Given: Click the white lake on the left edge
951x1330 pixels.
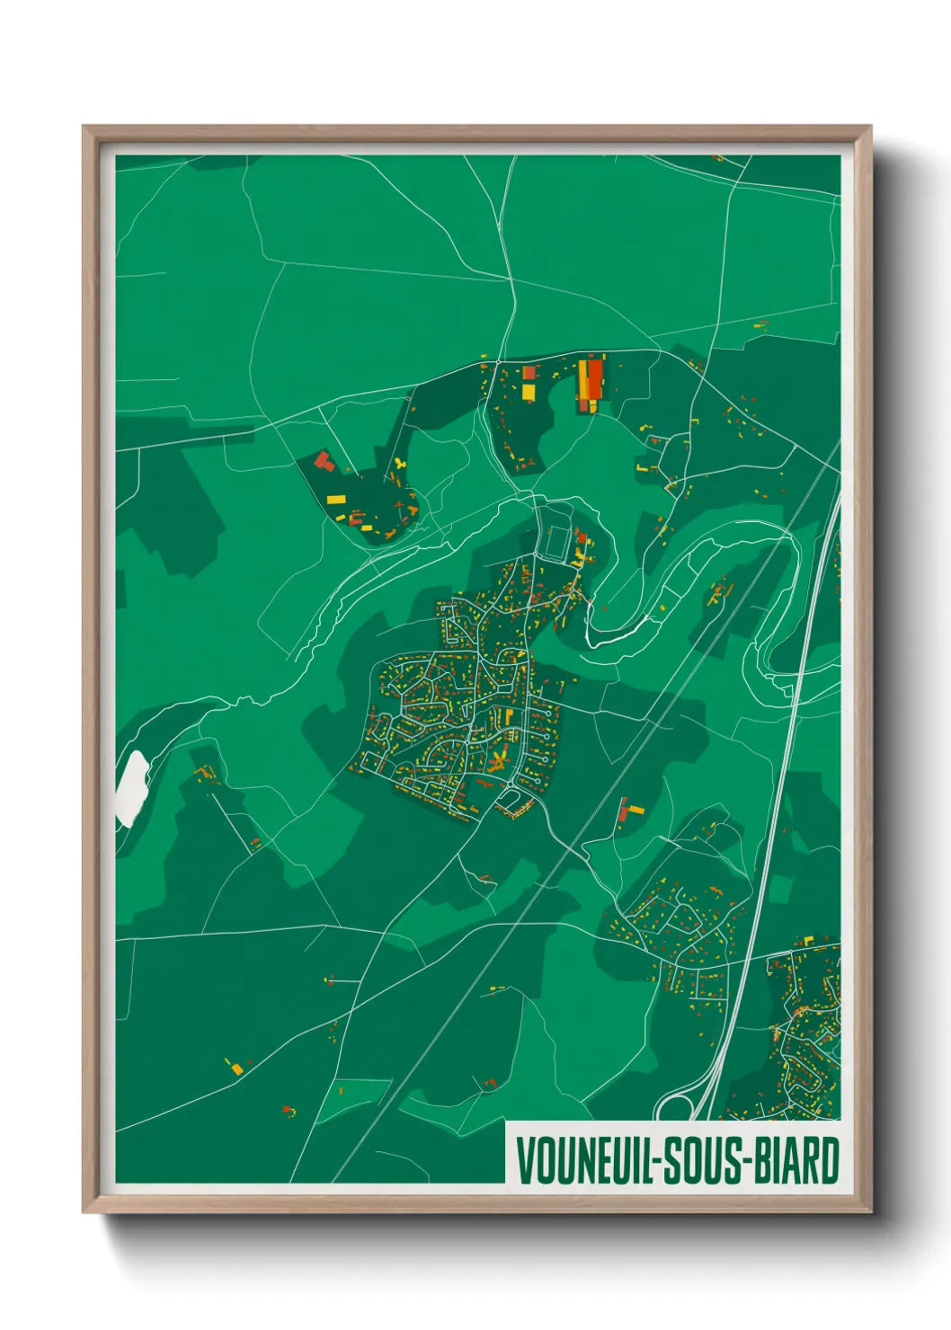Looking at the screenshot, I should (132, 786).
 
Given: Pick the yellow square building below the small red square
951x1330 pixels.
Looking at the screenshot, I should (528, 391).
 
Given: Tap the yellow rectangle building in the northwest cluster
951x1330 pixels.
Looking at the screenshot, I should (336, 499).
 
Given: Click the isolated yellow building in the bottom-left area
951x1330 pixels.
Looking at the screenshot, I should (236, 1068).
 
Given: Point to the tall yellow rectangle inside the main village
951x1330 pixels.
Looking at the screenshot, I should (508, 717).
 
